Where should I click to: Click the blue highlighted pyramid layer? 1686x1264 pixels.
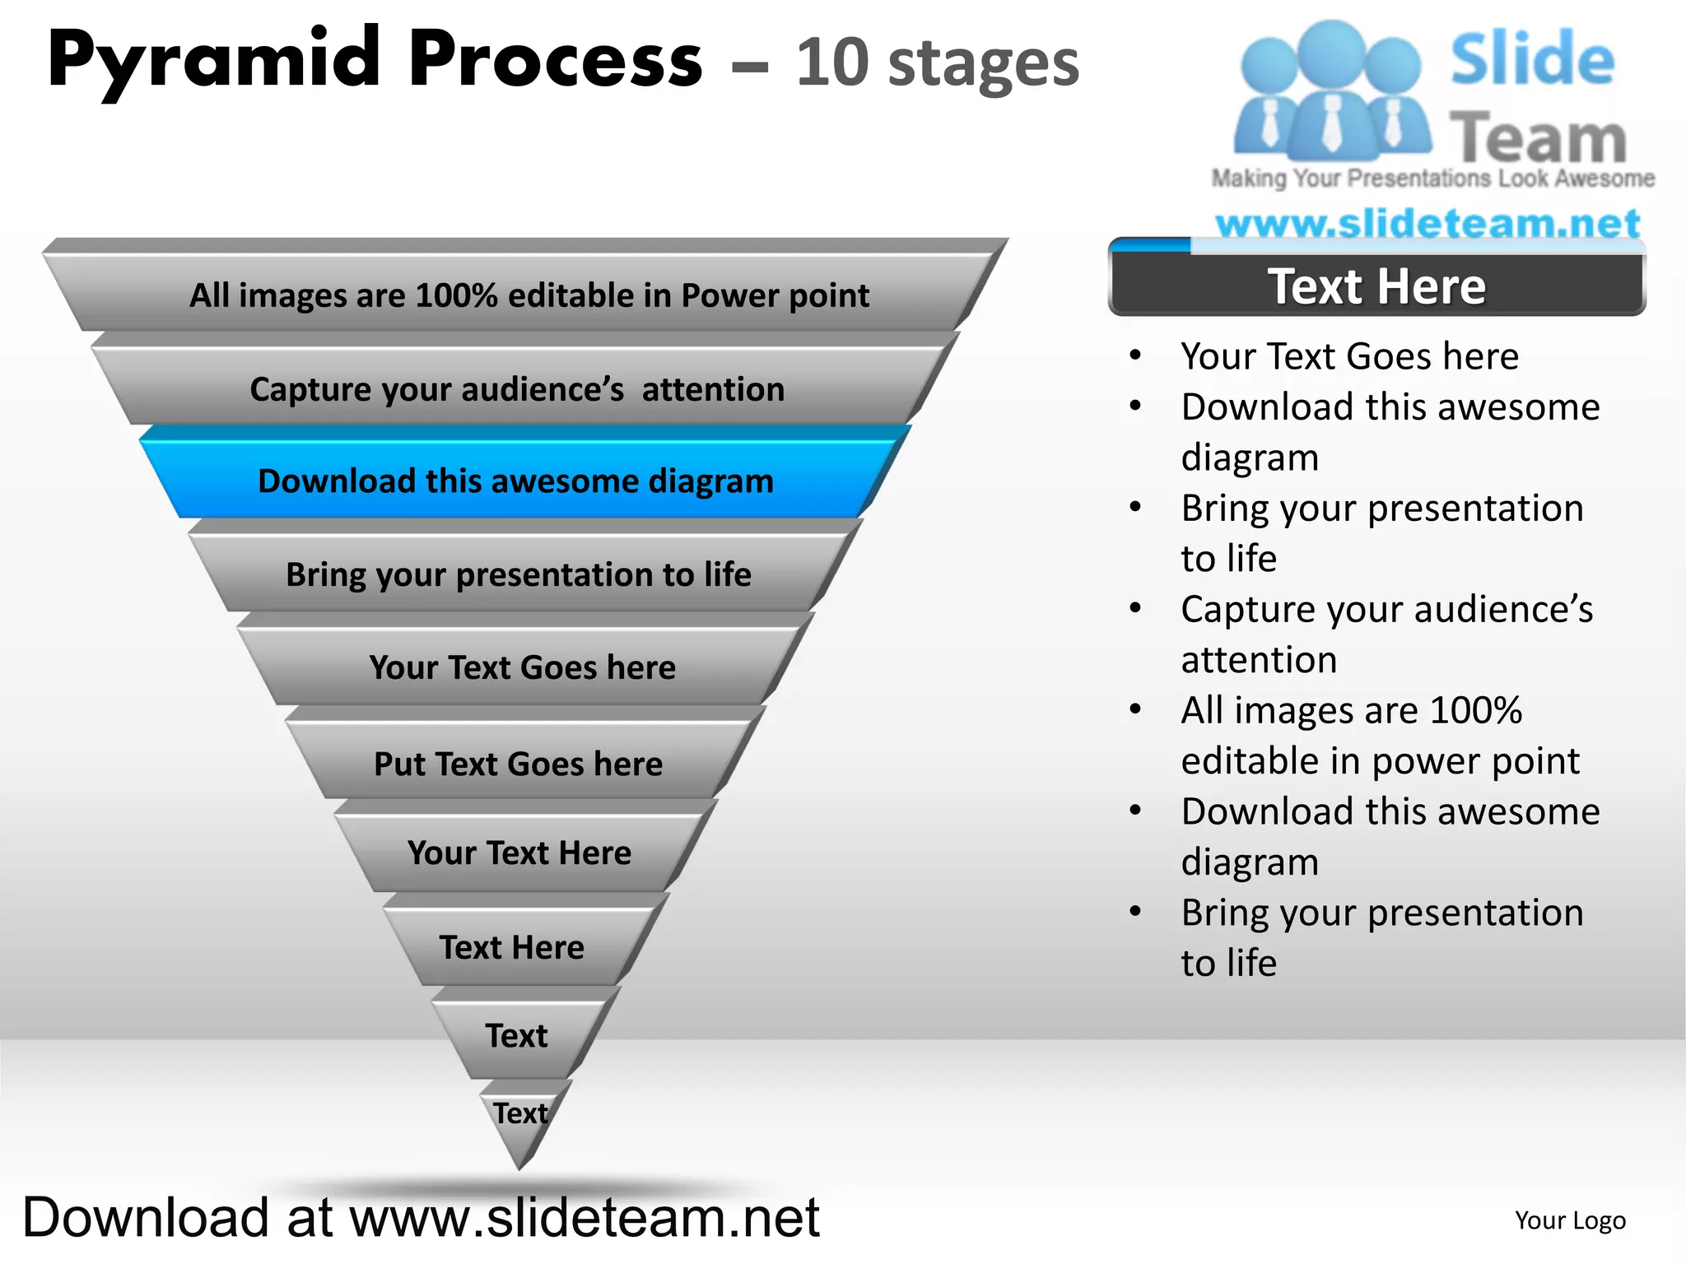click(x=516, y=481)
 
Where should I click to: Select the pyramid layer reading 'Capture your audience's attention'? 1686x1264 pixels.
click(x=517, y=389)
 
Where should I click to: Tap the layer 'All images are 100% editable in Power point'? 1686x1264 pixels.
click(x=529, y=295)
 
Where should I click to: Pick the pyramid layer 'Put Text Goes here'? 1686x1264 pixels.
click(x=518, y=764)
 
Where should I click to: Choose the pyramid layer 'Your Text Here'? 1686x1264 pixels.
click(x=519, y=853)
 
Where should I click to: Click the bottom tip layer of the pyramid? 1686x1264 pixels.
click(x=520, y=1115)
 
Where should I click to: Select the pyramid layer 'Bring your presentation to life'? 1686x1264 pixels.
click(x=519, y=574)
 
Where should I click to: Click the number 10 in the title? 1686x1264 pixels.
click(x=831, y=63)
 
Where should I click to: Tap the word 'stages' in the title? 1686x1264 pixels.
click(x=984, y=65)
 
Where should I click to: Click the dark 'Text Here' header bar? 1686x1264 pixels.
click(x=1376, y=286)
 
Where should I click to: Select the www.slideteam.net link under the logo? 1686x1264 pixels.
click(x=1428, y=224)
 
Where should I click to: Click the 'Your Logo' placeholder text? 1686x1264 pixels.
click(x=1570, y=1220)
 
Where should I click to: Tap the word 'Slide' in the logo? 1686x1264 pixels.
click(x=1532, y=59)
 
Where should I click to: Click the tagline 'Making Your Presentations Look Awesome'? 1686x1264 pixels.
click(x=1432, y=179)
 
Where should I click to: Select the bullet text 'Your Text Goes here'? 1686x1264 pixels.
click(x=1349, y=356)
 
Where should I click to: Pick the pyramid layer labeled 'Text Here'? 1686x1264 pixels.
click(x=511, y=947)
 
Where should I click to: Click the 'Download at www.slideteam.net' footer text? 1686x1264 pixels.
click(x=421, y=1217)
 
